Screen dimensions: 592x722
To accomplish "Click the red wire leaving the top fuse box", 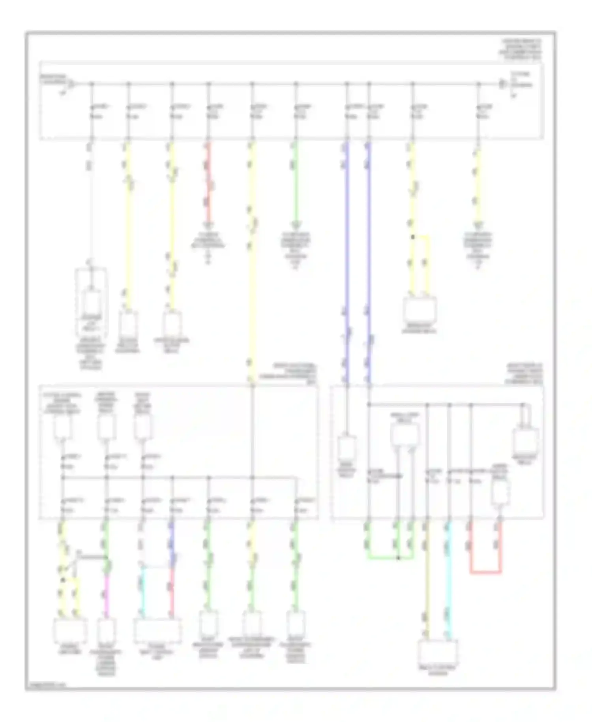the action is pyautogui.click(x=209, y=182).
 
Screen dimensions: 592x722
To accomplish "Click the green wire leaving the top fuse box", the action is pyautogui.click(x=296, y=182).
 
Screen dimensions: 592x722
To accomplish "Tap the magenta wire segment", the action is pyautogui.click(x=106, y=592).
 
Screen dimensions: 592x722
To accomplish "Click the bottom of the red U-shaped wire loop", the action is pyautogui.click(x=485, y=572).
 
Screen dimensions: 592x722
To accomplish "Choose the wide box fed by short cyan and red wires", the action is pyautogui.click(x=157, y=631).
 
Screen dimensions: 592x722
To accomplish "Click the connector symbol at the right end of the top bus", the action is pyautogui.click(x=502, y=84).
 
